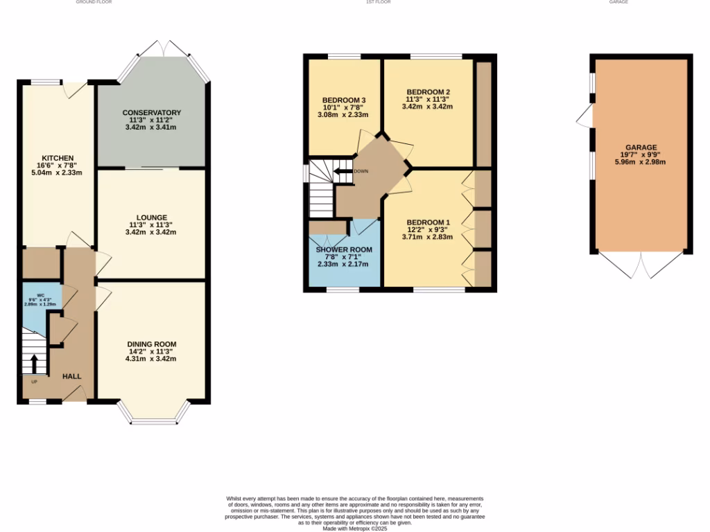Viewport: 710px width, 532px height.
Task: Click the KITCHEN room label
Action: (57, 158)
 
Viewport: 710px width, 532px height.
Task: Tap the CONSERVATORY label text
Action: (151, 112)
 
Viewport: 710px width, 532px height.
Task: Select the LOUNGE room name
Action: (150, 218)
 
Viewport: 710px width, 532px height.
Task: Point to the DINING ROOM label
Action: (151, 344)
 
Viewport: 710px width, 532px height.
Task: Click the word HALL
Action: (72, 376)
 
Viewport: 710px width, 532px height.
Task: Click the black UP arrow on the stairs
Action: (34, 363)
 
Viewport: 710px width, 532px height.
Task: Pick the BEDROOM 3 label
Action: (344, 100)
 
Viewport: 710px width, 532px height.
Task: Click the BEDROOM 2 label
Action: (428, 92)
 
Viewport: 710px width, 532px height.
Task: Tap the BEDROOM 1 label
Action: (427, 222)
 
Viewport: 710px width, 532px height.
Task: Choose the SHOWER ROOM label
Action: (344, 249)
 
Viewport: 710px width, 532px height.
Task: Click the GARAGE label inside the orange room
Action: (641, 148)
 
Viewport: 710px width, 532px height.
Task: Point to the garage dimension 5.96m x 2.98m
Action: (641, 162)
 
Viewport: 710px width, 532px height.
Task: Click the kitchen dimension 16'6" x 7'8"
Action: (57, 166)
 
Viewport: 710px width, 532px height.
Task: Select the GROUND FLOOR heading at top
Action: (94, 2)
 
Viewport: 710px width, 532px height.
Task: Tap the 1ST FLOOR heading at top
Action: (379, 2)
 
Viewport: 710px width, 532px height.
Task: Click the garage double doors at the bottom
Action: (641, 266)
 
